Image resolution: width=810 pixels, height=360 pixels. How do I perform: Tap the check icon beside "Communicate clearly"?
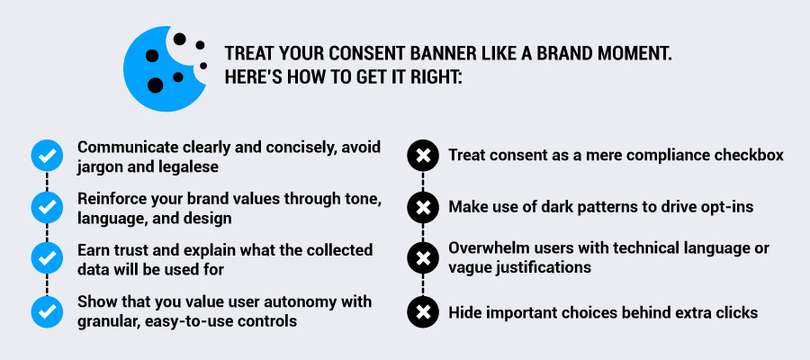pos(47,156)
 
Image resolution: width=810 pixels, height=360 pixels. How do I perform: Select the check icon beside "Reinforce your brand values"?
pos(47,207)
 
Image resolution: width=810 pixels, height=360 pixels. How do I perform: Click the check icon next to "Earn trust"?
pos(47,257)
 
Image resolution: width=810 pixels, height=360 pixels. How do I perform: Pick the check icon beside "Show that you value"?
pos(47,312)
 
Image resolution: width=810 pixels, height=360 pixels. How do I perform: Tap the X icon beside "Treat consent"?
pos(423,156)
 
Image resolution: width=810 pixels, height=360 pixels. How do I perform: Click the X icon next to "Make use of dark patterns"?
pos(423,208)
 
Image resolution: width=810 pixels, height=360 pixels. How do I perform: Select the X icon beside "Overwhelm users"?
pos(423,257)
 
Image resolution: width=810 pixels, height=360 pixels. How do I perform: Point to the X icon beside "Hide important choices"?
pos(423,312)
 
